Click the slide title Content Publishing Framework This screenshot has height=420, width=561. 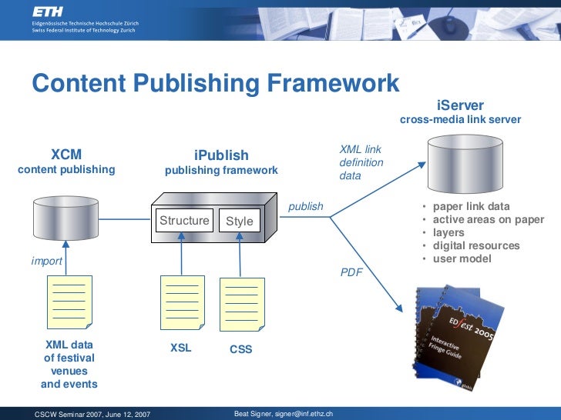(215, 83)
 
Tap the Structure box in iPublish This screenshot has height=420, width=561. (184, 221)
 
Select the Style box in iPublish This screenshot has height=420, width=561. (239, 222)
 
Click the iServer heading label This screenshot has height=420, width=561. (460, 105)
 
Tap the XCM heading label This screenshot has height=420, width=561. (66, 154)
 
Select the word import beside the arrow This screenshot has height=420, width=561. (46, 262)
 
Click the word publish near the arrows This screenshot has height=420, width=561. (305, 207)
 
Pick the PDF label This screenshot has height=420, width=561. (351, 272)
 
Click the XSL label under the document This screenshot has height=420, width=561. (181, 348)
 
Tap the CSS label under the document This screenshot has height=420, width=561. (241, 350)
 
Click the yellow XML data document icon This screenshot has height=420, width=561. (69, 304)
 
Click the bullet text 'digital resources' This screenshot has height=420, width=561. (476, 245)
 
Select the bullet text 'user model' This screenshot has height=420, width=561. (462, 258)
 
